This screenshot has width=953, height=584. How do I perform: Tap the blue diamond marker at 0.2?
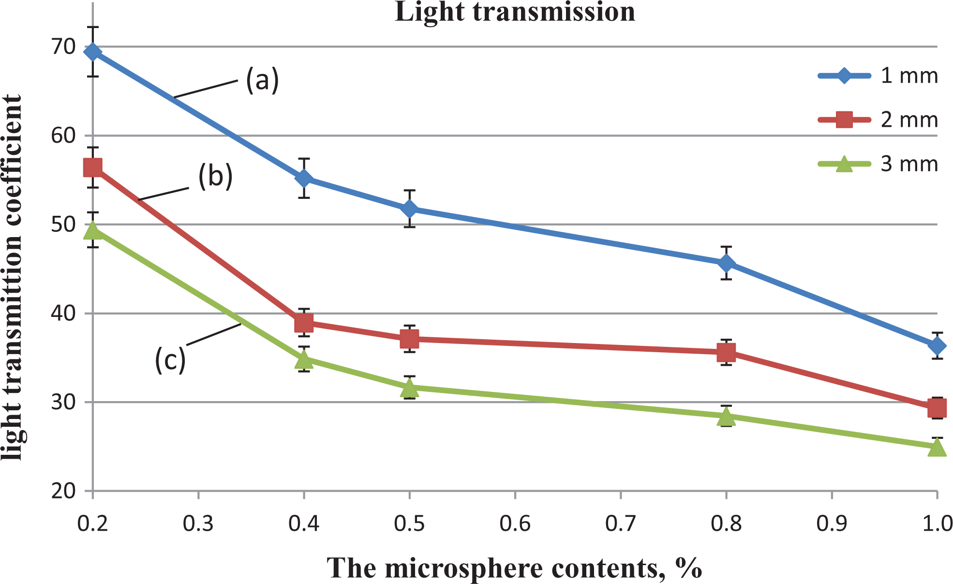point(92,52)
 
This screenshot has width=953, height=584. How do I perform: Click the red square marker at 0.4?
point(304,323)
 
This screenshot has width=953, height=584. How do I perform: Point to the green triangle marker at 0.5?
point(410,387)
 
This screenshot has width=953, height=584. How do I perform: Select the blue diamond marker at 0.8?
point(726,263)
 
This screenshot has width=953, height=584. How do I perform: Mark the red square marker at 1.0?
point(937,408)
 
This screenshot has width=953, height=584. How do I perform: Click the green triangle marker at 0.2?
point(92,230)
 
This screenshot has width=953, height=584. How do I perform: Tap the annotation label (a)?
point(262,79)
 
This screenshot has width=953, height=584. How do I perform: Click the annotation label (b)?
point(215,176)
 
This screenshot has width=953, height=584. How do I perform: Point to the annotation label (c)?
point(170,359)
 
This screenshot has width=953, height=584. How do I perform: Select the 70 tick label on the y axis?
point(63,47)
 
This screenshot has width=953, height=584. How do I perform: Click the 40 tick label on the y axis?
point(63,314)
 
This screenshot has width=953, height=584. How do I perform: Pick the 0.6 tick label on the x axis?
point(515,524)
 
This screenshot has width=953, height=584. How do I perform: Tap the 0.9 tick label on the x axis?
point(832,524)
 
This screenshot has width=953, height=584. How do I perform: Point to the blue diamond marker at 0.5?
point(410,209)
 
